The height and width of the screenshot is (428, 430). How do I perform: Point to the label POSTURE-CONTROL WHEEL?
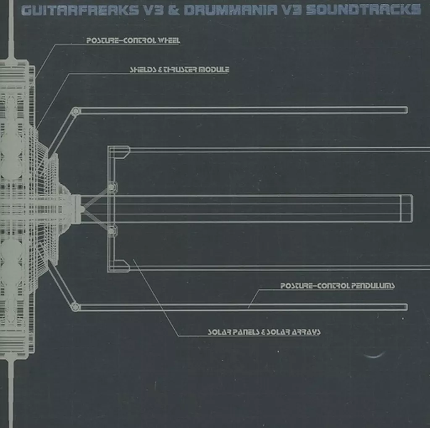(133, 41)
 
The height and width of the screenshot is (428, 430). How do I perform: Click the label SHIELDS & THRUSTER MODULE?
(179, 69)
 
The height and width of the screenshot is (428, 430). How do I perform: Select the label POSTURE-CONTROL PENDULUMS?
(337, 286)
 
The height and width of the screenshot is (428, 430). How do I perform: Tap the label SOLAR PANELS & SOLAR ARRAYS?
(264, 332)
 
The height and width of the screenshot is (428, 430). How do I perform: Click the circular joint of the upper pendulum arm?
(76, 111)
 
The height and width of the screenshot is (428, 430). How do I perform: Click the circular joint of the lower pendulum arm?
(76, 306)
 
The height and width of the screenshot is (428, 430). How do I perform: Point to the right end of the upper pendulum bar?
(405, 110)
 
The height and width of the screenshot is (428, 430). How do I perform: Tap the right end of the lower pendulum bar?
(405, 307)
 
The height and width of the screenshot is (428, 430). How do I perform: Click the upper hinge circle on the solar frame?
(112, 187)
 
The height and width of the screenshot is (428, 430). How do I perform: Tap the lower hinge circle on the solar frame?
(112, 230)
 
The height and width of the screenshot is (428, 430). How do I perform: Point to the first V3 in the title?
(152, 10)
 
